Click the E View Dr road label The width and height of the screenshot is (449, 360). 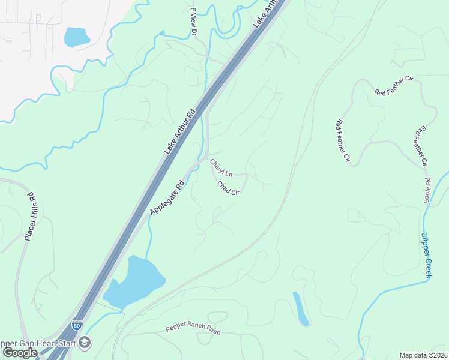[x=193, y=22]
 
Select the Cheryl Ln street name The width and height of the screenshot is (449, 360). [x=221, y=166]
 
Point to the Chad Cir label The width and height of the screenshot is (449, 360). [x=229, y=188]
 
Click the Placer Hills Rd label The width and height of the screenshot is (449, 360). [x=31, y=217]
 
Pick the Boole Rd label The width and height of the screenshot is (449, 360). [x=428, y=190]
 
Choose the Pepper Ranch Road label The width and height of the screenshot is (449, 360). [x=193, y=331]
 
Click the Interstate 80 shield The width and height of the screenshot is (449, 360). [x=77, y=325]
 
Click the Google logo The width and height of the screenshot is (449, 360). [x=20, y=352]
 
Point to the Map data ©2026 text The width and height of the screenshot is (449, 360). [x=424, y=355]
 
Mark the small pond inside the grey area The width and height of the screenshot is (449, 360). [x=76, y=37]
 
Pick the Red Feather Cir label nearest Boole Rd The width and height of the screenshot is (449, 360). [x=421, y=146]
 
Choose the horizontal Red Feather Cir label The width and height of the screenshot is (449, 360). [x=394, y=85]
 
